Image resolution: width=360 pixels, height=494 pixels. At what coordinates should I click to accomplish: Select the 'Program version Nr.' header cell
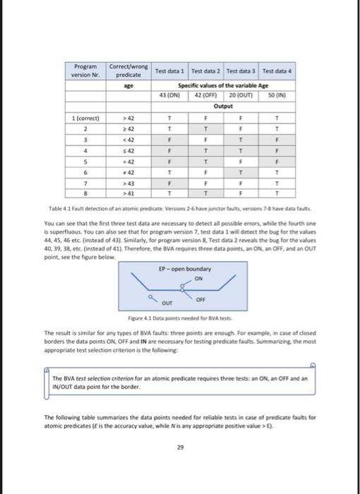coord(85,71)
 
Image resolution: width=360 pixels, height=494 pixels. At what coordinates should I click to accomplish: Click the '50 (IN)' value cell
coord(278,97)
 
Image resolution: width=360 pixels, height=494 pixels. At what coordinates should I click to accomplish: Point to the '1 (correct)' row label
coord(85,119)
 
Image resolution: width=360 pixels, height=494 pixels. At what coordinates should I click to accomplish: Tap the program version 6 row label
coord(85,171)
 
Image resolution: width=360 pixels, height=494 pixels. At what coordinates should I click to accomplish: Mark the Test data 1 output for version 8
coord(169,192)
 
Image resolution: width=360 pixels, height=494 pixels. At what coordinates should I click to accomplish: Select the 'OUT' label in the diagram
coord(167,306)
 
